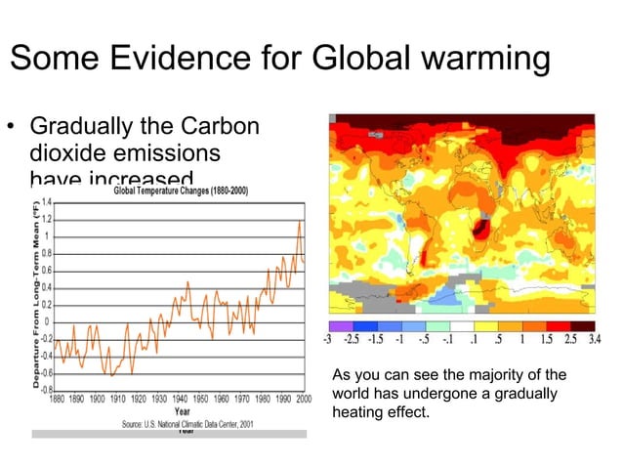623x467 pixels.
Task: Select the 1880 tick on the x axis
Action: click(x=61, y=399)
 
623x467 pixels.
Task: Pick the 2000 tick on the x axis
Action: click(x=303, y=399)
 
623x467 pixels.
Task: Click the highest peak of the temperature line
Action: click(x=300, y=222)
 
